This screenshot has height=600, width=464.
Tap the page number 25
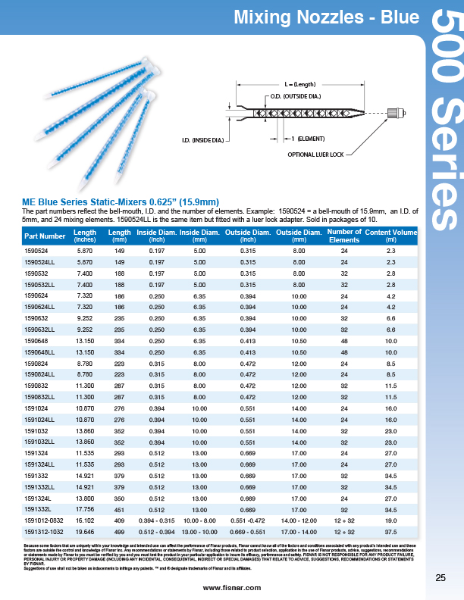tap(440, 579)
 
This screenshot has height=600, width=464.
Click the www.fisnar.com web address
tap(232, 587)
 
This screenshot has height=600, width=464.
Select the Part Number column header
tap(45, 236)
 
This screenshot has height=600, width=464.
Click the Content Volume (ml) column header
tap(391, 236)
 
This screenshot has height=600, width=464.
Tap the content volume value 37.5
tap(391, 532)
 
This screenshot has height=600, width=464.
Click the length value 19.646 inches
tap(85, 532)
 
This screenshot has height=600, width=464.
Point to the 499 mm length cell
tap(119, 532)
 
